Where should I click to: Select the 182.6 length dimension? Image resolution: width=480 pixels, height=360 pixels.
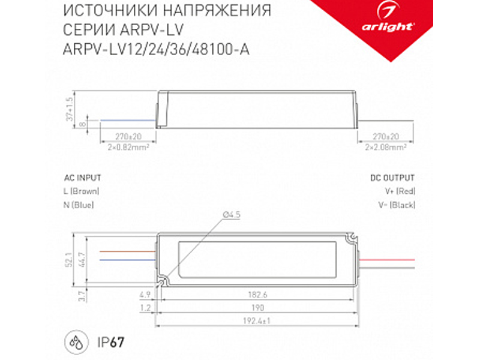pos(256,295)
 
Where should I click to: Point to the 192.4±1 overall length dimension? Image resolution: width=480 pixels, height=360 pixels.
pos(256,322)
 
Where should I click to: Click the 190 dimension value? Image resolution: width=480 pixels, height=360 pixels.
pos(256,308)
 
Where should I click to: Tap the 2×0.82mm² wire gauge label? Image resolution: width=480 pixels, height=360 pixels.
pos(127,146)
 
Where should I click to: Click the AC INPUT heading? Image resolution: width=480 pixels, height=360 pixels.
pos(82,178)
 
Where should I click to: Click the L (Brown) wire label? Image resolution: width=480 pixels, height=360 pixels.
pos(81,191)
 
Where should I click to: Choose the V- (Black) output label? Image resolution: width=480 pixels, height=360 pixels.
pos(398,205)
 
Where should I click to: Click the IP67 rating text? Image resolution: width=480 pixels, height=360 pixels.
pos(109,342)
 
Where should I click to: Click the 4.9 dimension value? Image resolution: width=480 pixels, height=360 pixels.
pos(144,295)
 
